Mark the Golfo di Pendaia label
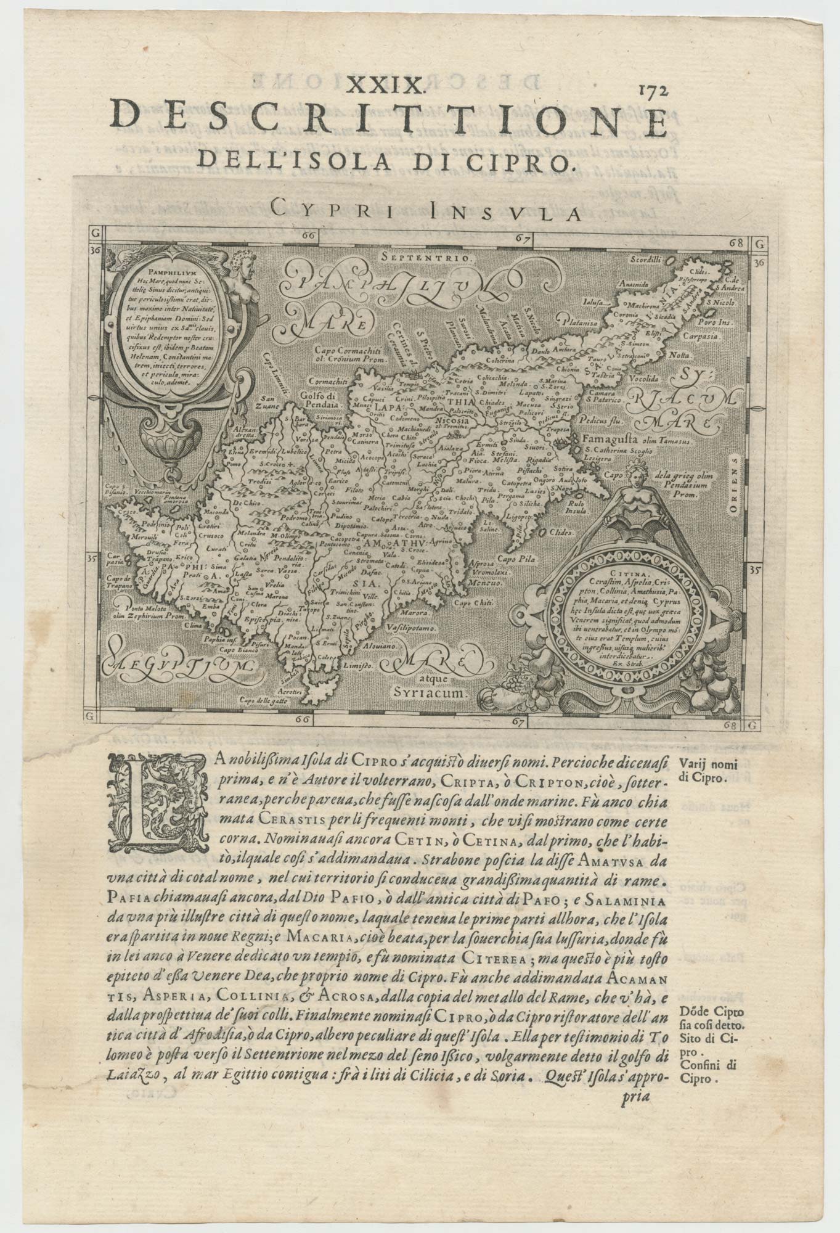pos(320,400)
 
